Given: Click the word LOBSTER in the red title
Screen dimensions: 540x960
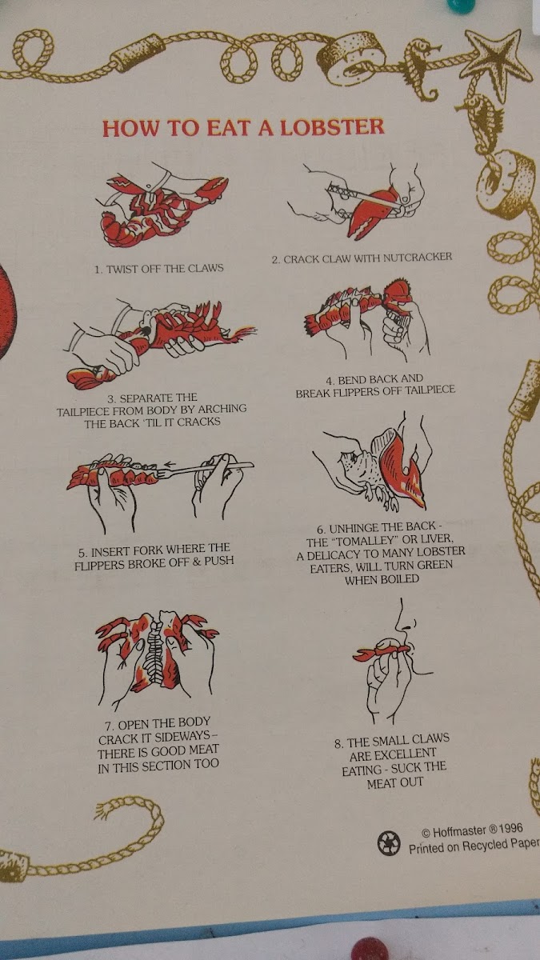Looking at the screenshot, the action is [x=332, y=127].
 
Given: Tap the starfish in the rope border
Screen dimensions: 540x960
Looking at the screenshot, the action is [x=499, y=60].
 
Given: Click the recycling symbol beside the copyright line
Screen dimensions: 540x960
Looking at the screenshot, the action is [x=389, y=842].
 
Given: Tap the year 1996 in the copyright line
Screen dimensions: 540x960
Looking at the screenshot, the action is [x=511, y=828].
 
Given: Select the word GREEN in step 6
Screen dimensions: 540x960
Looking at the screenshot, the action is [x=434, y=565].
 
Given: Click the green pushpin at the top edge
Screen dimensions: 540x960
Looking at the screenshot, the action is [x=459, y=5].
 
